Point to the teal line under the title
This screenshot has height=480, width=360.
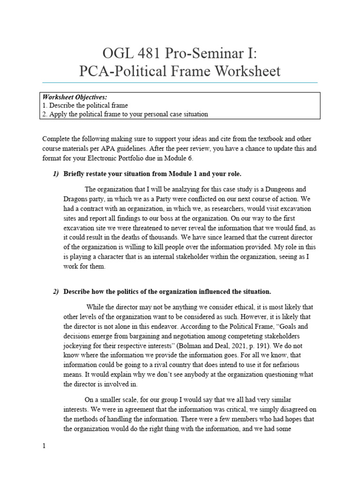(x=180, y=82)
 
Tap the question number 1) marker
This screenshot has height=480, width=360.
(x=56, y=174)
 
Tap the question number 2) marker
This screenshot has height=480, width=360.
(x=56, y=292)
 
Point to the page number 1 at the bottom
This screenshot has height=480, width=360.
(x=44, y=446)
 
